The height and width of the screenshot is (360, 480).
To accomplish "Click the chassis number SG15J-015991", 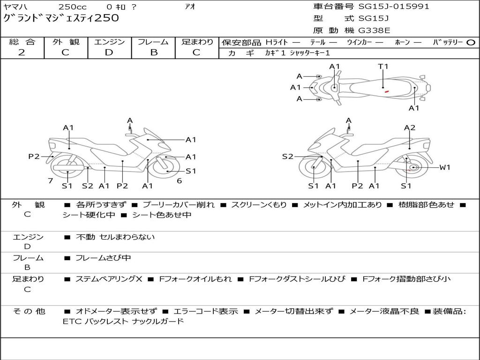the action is (394, 7).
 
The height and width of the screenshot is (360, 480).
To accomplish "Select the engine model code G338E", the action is (374, 30).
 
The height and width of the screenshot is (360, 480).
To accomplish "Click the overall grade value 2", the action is (22, 52).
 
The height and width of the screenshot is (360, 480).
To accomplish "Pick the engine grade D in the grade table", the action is (109, 52).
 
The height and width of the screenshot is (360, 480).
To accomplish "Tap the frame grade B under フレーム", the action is (153, 52).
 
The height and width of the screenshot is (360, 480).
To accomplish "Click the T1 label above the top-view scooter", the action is (383, 67).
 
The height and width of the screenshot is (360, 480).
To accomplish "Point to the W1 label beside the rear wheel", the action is (444, 167).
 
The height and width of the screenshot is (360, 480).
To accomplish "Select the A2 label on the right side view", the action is (410, 127).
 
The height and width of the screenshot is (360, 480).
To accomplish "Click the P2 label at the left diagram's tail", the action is (34, 157).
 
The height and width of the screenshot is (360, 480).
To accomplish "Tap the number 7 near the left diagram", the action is (50, 180).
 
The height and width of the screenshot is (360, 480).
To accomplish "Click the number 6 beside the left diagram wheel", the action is (179, 180).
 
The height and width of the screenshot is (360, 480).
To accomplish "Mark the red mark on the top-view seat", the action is (386, 91).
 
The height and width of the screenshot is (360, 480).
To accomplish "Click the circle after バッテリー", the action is (471, 43).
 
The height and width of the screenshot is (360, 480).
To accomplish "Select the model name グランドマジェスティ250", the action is (61, 18).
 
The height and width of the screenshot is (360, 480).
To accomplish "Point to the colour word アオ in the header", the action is (189, 7).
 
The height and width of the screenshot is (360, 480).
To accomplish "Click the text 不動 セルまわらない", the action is (115, 237).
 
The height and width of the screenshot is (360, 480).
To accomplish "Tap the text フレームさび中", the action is (103, 258).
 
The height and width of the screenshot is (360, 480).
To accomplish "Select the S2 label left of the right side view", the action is (287, 157).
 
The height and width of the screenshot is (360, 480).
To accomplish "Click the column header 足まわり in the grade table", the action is (197, 42).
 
